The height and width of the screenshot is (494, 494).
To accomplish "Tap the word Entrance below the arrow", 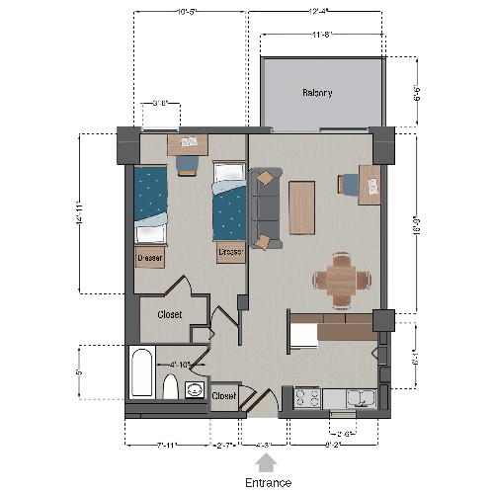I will click(x=270, y=482).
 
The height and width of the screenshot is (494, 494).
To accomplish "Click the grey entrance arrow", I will click(x=270, y=459).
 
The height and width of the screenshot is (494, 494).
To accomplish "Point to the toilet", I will click(x=169, y=385).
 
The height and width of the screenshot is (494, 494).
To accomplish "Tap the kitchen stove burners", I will click(x=306, y=398).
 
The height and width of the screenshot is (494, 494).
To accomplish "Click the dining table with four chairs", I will click(x=342, y=279).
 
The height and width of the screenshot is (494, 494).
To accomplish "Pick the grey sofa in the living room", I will click(x=264, y=206).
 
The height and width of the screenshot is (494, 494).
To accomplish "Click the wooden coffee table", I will click(x=300, y=206).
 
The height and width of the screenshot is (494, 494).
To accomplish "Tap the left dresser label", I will click(x=149, y=257).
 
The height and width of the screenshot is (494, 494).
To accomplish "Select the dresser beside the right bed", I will click(x=230, y=252).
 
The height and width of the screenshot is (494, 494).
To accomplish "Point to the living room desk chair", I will click(x=349, y=184).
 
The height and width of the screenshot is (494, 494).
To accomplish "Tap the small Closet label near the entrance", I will click(x=224, y=396).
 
